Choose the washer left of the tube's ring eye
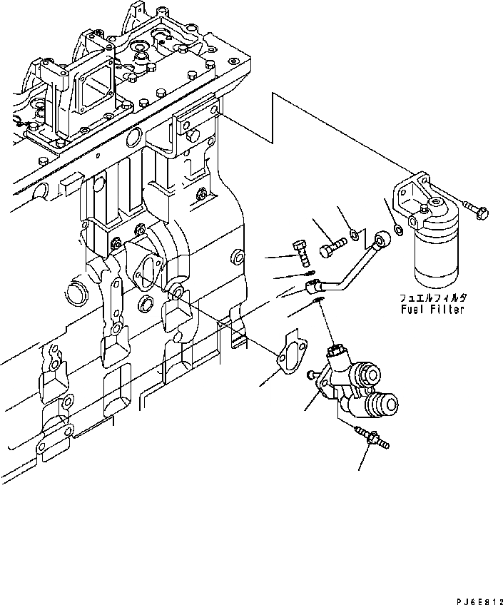tap(355, 232)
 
